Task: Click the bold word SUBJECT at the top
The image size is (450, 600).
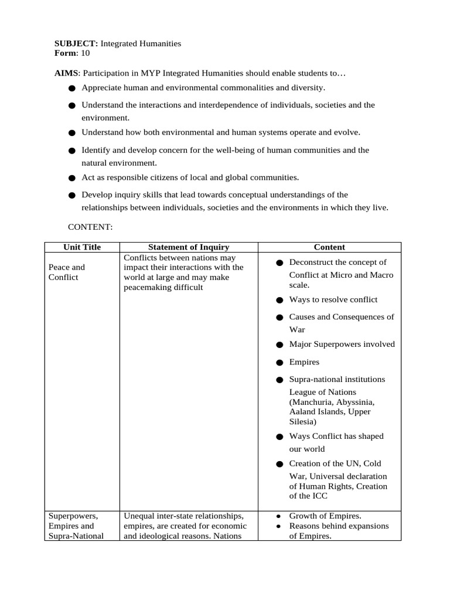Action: (x=76, y=43)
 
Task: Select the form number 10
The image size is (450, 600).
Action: (x=86, y=53)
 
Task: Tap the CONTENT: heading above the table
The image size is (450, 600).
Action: (x=90, y=226)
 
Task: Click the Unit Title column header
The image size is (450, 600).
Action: (x=81, y=247)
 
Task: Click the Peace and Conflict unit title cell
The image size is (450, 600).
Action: (x=67, y=272)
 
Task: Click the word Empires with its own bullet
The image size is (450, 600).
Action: (x=304, y=362)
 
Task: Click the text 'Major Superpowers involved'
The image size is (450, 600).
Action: (x=342, y=344)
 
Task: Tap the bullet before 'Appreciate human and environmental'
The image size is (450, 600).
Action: (x=71, y=88)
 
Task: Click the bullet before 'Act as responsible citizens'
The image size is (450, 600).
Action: (x=71, y=178)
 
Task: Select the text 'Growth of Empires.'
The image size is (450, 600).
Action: (x=325, y=516)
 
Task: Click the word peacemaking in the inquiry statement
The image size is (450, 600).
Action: (x=146, y=287)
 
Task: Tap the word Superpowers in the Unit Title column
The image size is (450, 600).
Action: (x=73, y=516)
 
